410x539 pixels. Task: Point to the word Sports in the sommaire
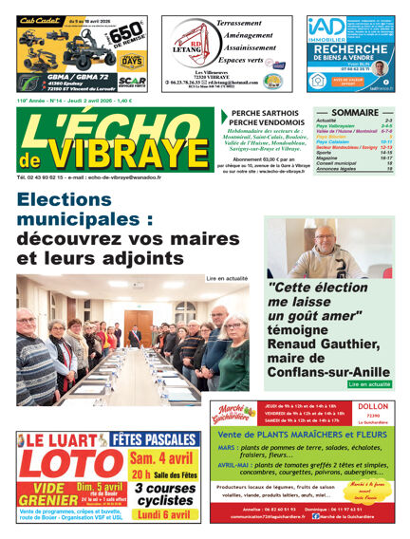(x=325, y=151)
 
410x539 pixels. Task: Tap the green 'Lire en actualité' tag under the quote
(x=369, y=384)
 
